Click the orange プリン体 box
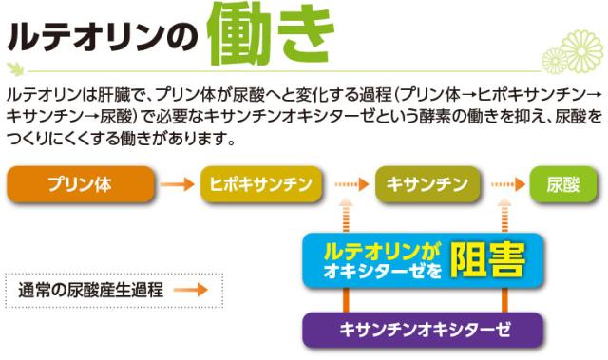point(80,183)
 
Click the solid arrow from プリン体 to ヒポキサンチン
point(178,183)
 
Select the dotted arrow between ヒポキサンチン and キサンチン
point(350,183)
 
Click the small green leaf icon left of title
point(15,67)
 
